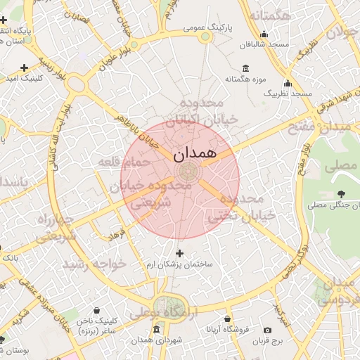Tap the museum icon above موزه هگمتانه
[x=245, y=68]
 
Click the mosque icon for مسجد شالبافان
[x=264, y=34]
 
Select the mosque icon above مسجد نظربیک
[x=287, y=82]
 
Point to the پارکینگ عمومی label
[x=208, y=27]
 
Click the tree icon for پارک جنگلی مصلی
[x=341, y=194]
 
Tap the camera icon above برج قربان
[x=267, y=330]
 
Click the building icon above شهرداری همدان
[x=155, y=330]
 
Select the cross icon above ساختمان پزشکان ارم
[x=179, y=253]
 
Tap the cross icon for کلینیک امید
[x=25, y=67]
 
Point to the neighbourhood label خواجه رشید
[x=94, y=264]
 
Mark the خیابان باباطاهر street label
[x=143, y=129]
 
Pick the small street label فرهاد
[x=116, y=234]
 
